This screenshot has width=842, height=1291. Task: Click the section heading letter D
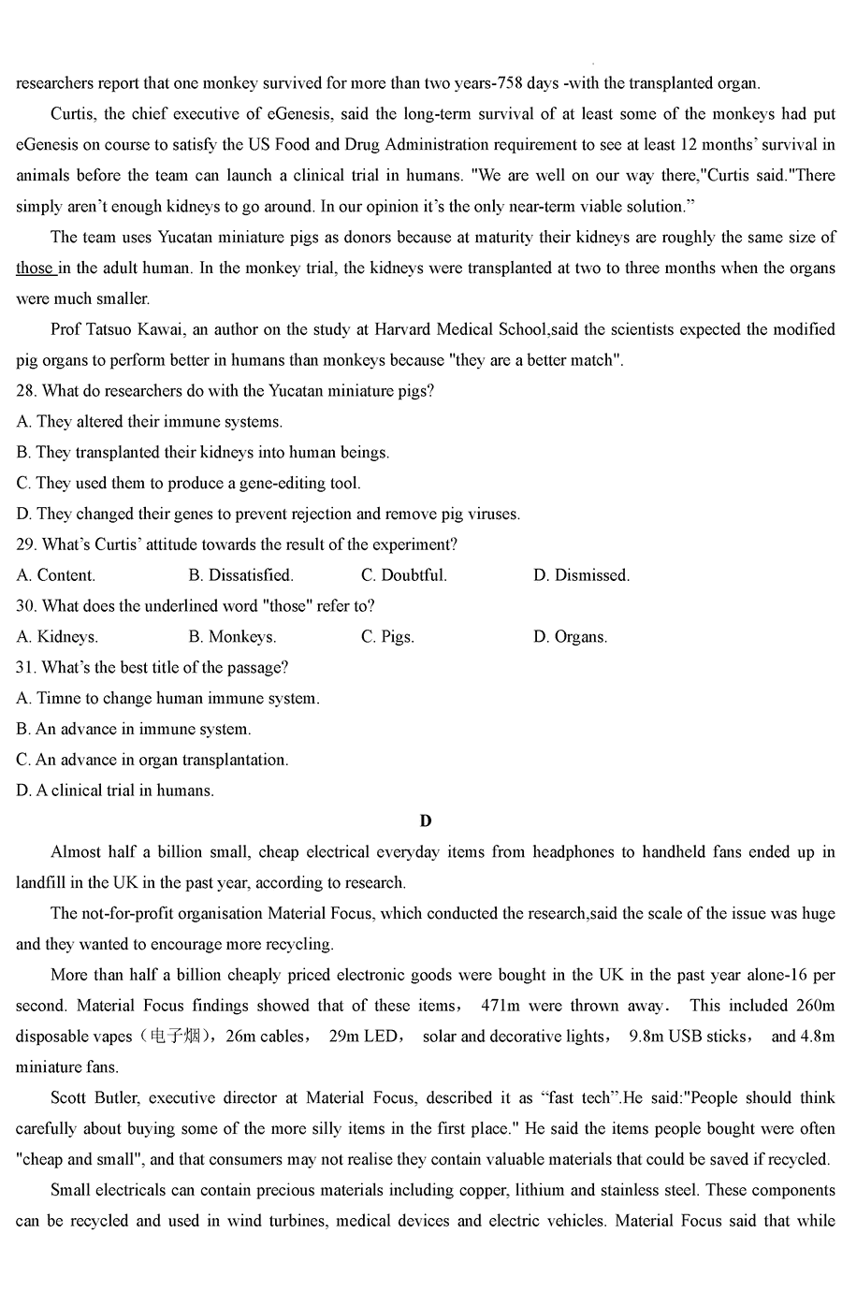click(x=426, y=821)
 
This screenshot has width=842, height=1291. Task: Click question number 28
click(x=26, y=391)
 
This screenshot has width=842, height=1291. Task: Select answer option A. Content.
click(x=56, y=575)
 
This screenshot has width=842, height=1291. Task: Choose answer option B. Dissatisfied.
click(x=240, y=575)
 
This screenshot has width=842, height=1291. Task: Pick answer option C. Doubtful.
click(x=404, y=575)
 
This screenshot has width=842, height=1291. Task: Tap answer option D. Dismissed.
click(x=581, y=575)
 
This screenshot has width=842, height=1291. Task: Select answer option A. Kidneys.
click(x=57, y=637)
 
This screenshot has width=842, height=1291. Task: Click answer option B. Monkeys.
click(x=232, y=637)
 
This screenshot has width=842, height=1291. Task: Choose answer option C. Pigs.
click(x=387, y=637)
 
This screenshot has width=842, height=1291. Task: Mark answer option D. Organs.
click(x=570, y=637)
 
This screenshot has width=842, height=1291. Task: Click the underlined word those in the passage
click(x=35, y=268)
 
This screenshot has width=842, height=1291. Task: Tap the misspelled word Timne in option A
click(x=59, y=699)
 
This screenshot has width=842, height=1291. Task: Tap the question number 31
click(x=26, y=668)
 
